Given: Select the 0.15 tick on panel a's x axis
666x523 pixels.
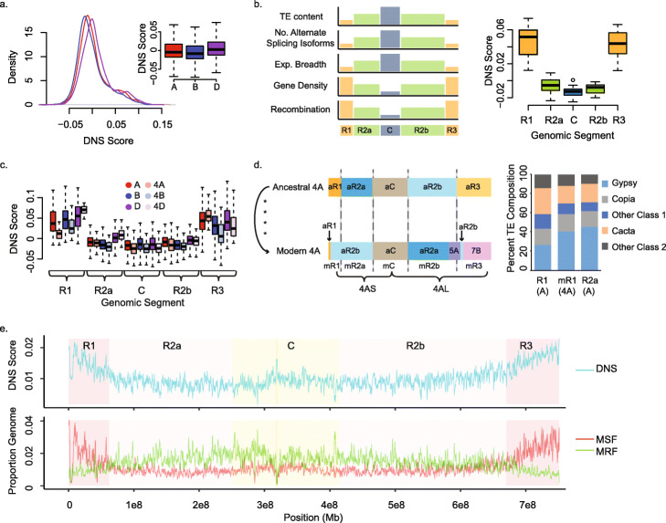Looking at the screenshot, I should (162, 120).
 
